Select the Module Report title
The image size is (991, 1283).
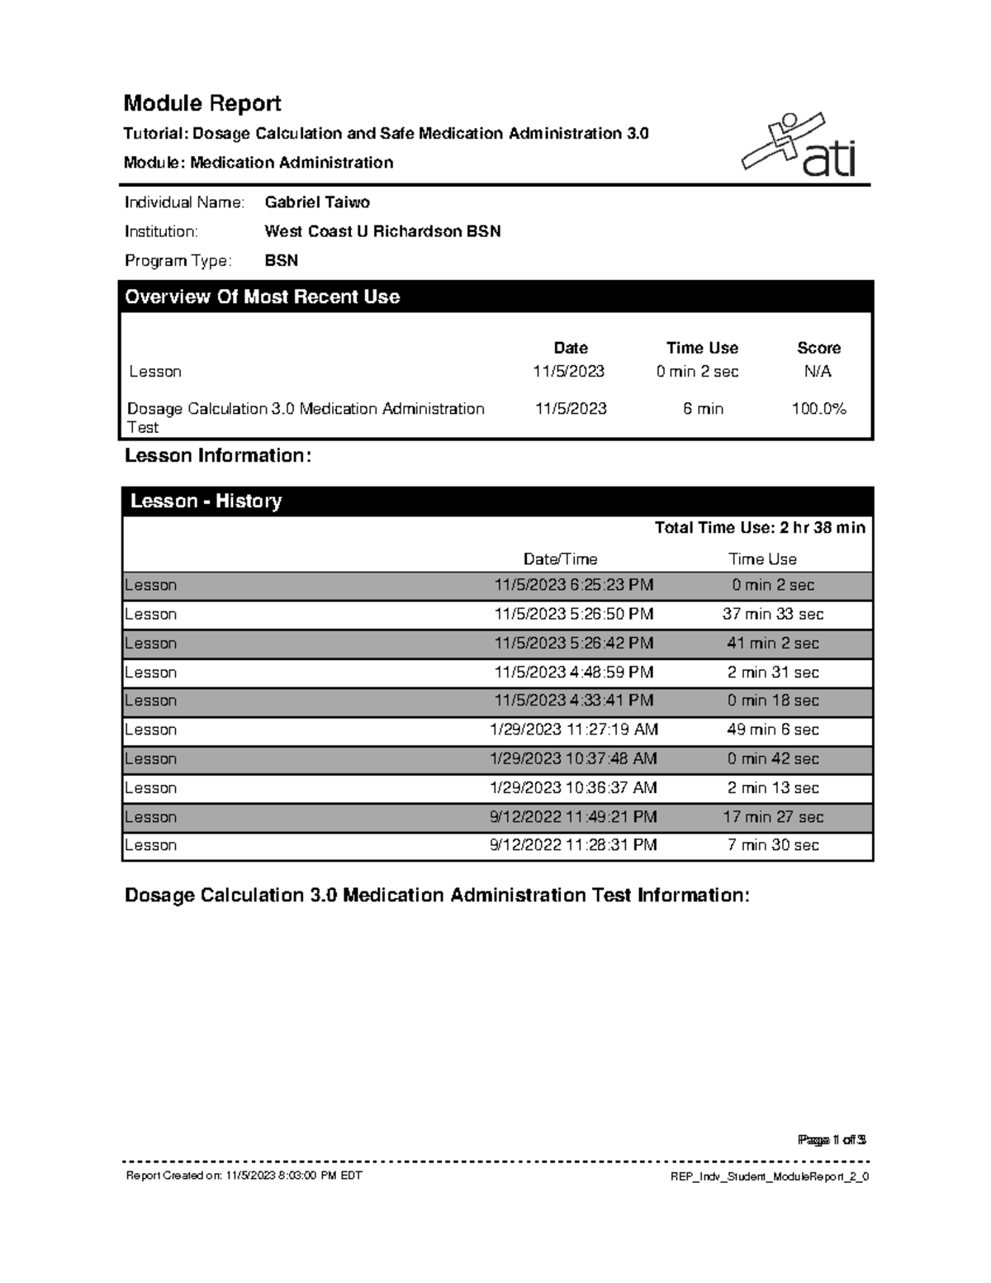pos(202,103)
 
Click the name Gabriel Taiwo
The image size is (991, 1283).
pos(317,202)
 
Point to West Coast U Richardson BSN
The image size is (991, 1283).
pos(382,231)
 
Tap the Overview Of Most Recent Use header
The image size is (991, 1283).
pos(263,297)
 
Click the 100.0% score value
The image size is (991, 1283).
pos(818,409)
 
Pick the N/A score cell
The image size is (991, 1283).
pos(818,372)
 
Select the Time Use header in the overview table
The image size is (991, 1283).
pos(702,348)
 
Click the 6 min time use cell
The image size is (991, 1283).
pos(703,409)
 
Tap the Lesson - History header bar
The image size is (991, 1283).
pos(206,501)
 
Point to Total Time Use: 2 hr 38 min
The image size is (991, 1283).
pos(760,528)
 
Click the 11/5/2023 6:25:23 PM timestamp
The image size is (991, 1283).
pos(574,585)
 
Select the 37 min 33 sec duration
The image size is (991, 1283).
pos(773,614)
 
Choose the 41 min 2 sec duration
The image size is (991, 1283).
pos(773,644)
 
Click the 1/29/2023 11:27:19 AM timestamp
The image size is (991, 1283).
pos(574,729)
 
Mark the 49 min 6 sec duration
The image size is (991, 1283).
pos(773,729)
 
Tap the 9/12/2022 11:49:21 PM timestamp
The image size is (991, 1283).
pos(574,817)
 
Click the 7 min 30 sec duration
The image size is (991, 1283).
pos(773,845)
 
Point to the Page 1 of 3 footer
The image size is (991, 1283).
pos(832,1140)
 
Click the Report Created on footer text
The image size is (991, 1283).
pos(244,1176)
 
